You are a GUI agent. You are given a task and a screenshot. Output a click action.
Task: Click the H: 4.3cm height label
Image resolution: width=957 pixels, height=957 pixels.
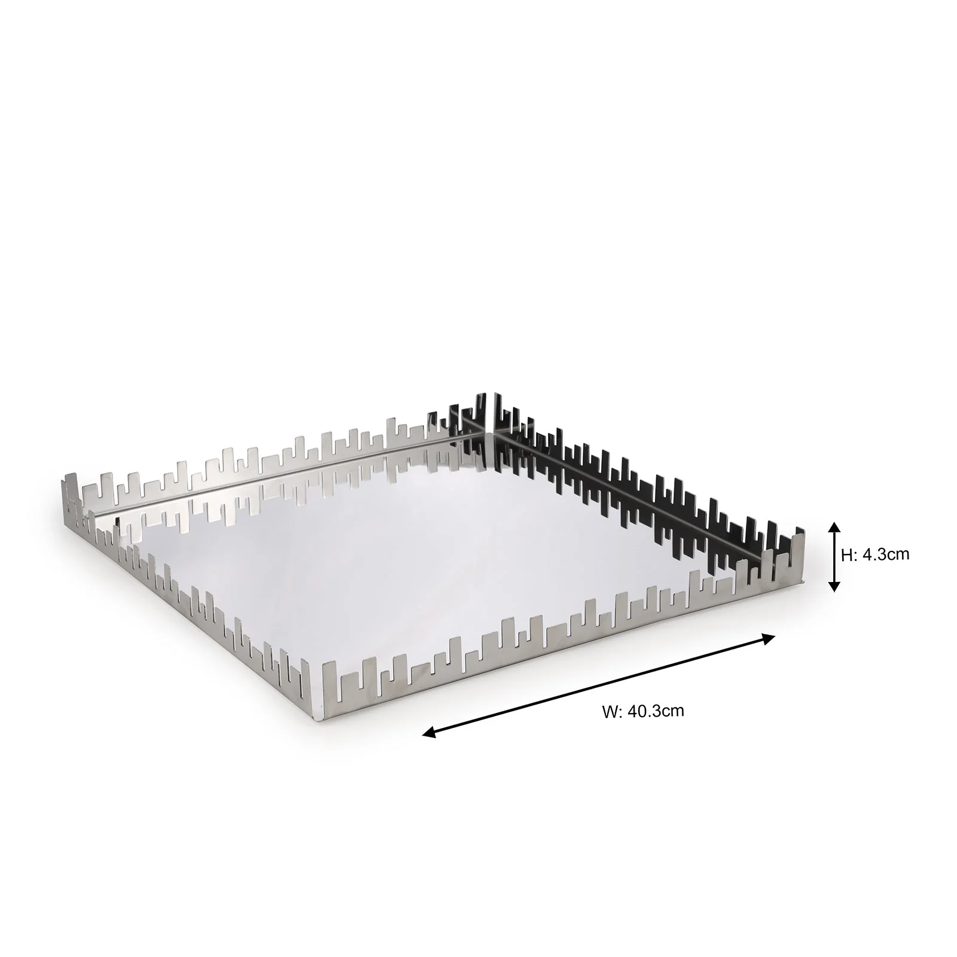tap(874, 554)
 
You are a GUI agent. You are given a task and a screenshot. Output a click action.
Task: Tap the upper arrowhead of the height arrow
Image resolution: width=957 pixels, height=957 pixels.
tap(835, 527)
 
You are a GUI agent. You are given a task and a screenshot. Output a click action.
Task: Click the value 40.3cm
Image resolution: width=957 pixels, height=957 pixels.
tap(656, 711)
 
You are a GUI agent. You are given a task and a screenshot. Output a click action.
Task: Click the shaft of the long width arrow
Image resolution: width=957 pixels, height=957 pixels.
tap(598, 686)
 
